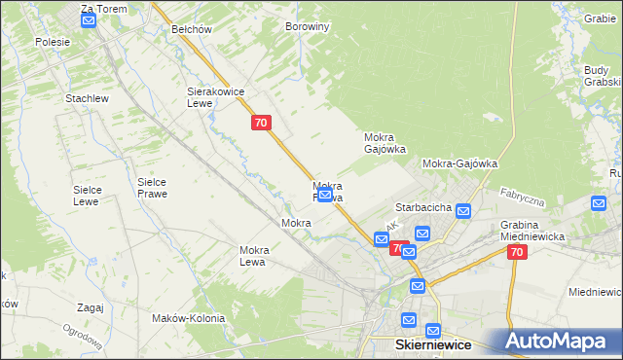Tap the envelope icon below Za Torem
point(88,21)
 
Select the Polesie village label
point(53,42)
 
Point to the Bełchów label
point(192,29)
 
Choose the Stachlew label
point(86,99)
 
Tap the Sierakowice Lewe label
point(214,97)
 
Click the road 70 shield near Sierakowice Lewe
point(260,123)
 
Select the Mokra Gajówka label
point(385,143)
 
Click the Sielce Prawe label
point(152,188)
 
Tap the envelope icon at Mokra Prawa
point(324,197)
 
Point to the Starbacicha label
point(422,207)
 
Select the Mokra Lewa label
point(253,256)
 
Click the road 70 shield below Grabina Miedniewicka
point(516,252)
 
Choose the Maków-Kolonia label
point(188,318)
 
